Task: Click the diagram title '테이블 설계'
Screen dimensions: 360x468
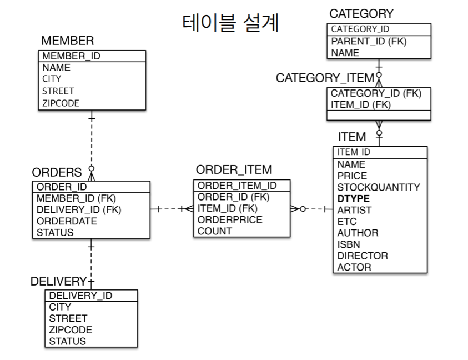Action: point(230,23)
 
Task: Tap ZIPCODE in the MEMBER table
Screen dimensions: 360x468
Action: point(61,103)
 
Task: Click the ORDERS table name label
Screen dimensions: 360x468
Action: point(57,172)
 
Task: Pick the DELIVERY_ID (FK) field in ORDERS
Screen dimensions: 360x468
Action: point(78,209)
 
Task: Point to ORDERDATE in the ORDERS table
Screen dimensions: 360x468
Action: point(67,221)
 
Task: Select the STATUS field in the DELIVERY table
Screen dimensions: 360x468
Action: point(67,341)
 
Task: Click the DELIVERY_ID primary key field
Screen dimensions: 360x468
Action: point(80,296)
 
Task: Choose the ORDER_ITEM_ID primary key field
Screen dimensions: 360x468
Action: point(237,186)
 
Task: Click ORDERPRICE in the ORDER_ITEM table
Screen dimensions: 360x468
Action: point(230,220)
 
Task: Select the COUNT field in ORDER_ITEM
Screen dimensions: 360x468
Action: point(215,231)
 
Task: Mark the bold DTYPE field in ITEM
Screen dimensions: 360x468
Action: point(353,198)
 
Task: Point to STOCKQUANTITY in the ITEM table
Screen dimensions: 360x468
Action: point(379,187)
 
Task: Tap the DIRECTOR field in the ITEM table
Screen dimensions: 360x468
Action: point(363,256)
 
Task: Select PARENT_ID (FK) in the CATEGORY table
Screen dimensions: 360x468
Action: point(369,42)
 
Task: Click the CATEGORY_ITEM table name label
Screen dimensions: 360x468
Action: point(325,78)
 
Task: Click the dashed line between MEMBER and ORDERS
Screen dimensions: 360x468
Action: point(92,142)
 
